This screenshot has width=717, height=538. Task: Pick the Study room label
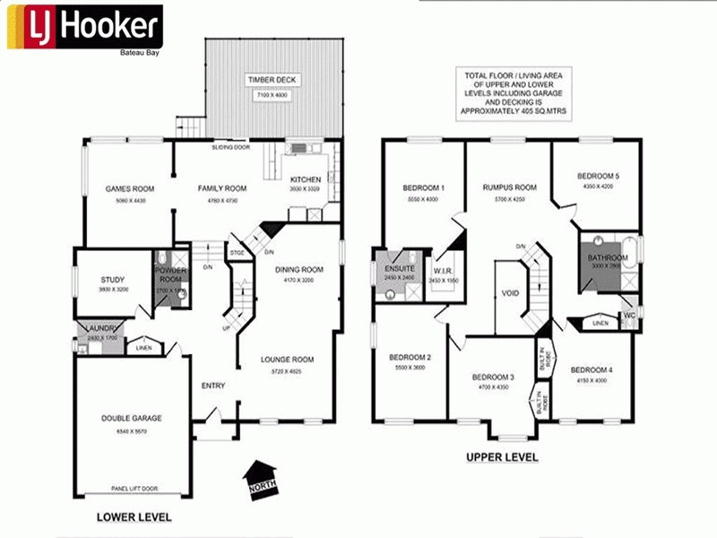(x=113, y=280)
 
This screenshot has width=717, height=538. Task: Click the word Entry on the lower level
(x=213, y=386)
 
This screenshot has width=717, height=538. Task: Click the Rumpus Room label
(x=509, y=187)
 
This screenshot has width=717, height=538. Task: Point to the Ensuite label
(x=396, y=268)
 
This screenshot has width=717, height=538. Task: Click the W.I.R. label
(x=443, y=270)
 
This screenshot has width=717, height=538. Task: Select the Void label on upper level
(x=509, y=292)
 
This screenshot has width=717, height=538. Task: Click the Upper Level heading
(x=502, y=456)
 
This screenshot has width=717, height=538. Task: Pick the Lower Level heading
(x=134, y=517)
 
